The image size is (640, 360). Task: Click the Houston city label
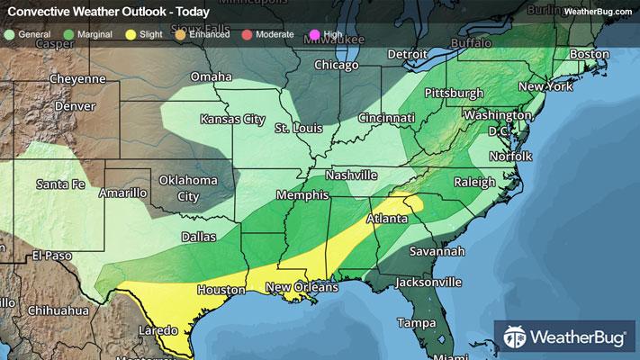tap(221, 290)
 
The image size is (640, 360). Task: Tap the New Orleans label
tap(301, 287)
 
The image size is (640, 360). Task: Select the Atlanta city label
tap(391, 219)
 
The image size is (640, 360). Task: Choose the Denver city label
tap(76, 105)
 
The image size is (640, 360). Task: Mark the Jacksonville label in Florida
tap(428, 282)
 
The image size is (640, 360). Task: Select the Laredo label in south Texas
tap(133, 330)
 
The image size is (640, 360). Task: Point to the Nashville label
tap(351, 175)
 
